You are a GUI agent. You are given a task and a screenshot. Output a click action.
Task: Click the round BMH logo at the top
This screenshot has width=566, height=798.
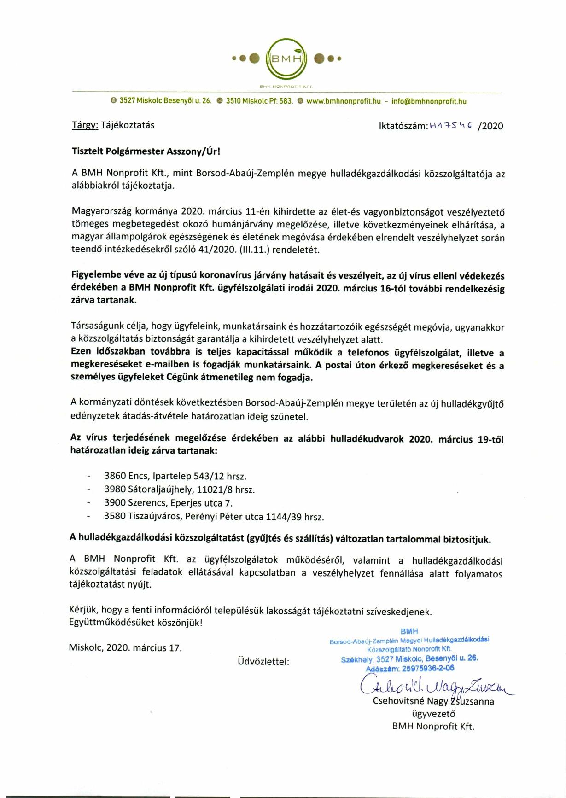286,58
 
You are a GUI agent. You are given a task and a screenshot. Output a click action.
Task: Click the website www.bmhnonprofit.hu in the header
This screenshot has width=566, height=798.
343,101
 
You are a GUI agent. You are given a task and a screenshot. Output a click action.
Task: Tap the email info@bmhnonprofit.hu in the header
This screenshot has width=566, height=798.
429,101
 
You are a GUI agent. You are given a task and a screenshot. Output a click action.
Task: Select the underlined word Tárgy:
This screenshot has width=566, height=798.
85,125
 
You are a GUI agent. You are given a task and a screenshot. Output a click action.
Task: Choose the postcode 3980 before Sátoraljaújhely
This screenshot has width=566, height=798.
115,489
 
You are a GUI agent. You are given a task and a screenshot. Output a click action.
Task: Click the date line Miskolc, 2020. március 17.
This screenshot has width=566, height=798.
125,648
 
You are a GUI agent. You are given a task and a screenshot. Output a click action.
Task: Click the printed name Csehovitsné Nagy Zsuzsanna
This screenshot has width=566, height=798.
433,702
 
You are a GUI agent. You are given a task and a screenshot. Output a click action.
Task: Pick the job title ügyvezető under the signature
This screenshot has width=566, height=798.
433,714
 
